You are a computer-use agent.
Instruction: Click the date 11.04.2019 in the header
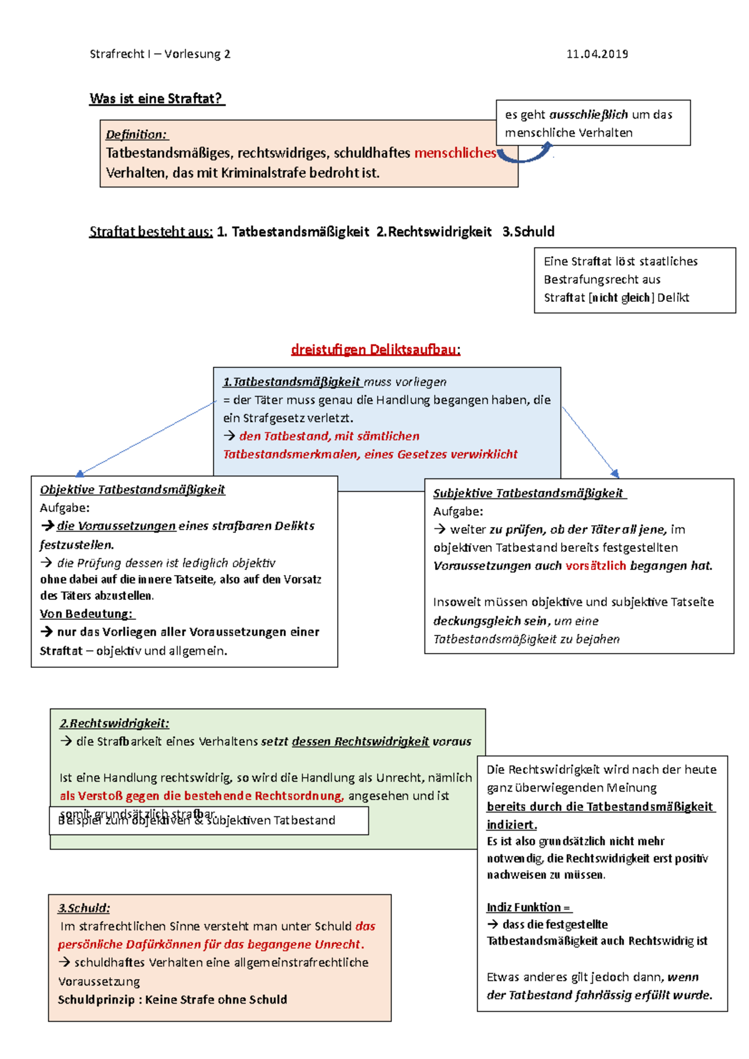pyautogui.click(x=597, y=54)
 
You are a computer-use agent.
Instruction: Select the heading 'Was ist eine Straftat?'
pyautogui.click(x=156, y=99)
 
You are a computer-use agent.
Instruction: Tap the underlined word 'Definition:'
pyautogui.click(x=137, y=135)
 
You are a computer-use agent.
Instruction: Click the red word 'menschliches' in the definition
pyautogui.click(x=455, y=153)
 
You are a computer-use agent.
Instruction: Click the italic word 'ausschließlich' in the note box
pyautogui.click(x=588, y=115)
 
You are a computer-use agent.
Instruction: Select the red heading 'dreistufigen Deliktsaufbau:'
pyautogui.click(x=376, y=349)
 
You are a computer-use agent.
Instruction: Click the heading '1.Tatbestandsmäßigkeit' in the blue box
pyautogui.click(x=292, y=382)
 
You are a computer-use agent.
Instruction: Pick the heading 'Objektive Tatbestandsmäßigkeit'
pyautogui.click(x=132, y=490)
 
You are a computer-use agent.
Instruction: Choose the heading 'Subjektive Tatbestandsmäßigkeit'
pyautogui.click(x=528, y=493)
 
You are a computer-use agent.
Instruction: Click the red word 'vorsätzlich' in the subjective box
pyautogui.click(x=595, y=566)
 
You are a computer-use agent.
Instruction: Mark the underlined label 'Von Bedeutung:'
pyautogui.click(x=86, y=614)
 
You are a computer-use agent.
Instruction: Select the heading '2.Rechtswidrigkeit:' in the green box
pyautogui.click(x=114, y=723)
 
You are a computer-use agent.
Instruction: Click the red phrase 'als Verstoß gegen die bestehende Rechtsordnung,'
pyautogui.click(x=202, y=796)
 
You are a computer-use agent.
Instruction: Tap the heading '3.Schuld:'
pyautogui.click(x=84, y=908)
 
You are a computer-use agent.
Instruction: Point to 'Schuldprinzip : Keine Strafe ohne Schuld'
pyautogui.click(x=172, y=999)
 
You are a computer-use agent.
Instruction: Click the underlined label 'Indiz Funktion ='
pyautogui.click(x=528, y=907)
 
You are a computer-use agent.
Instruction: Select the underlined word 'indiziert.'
pyautogui.click(x=511, y=824)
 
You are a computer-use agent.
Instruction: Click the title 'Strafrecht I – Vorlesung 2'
pyautogui.click(x=160, y=54)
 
